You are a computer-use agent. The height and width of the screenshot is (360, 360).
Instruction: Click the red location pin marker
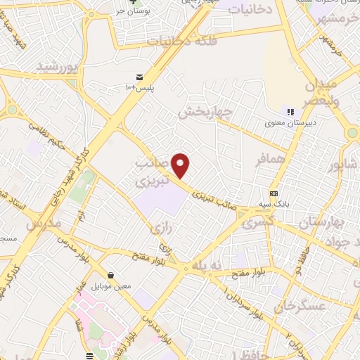pyautogui.click(x=181, y=165)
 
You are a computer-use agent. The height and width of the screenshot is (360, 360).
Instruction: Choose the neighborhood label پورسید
pyautogui.click(x=56, y=67)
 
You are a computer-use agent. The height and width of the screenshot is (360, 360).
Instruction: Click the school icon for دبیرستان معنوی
pyautogui.click(x=289, y=111)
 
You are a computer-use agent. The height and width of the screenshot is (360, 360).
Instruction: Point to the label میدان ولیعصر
pyautogui.click(x=320, y=92)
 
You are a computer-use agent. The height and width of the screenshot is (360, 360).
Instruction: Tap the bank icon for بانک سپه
pyautogui.click(x=274, y=194)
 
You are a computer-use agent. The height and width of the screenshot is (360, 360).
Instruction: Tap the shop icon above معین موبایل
pyautogui.click(x=110, y=275)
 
